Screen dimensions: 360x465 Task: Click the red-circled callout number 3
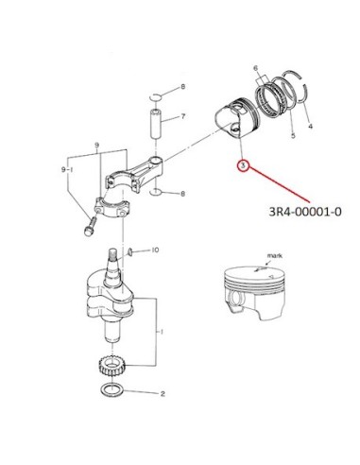pos(243,165)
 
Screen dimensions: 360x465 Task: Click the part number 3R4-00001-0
pos(305,212)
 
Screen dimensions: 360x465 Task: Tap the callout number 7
pos(183,116)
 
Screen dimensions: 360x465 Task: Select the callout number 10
pos(155,250)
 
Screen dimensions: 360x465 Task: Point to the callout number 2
pos(163,393)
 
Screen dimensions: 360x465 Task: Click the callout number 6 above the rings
pos(255,68)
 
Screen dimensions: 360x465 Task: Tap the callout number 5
pos(293,135)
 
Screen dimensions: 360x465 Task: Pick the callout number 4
pos(310,127)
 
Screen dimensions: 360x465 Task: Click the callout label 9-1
pos(67,169)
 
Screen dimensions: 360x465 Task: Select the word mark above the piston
pos(275,255)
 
